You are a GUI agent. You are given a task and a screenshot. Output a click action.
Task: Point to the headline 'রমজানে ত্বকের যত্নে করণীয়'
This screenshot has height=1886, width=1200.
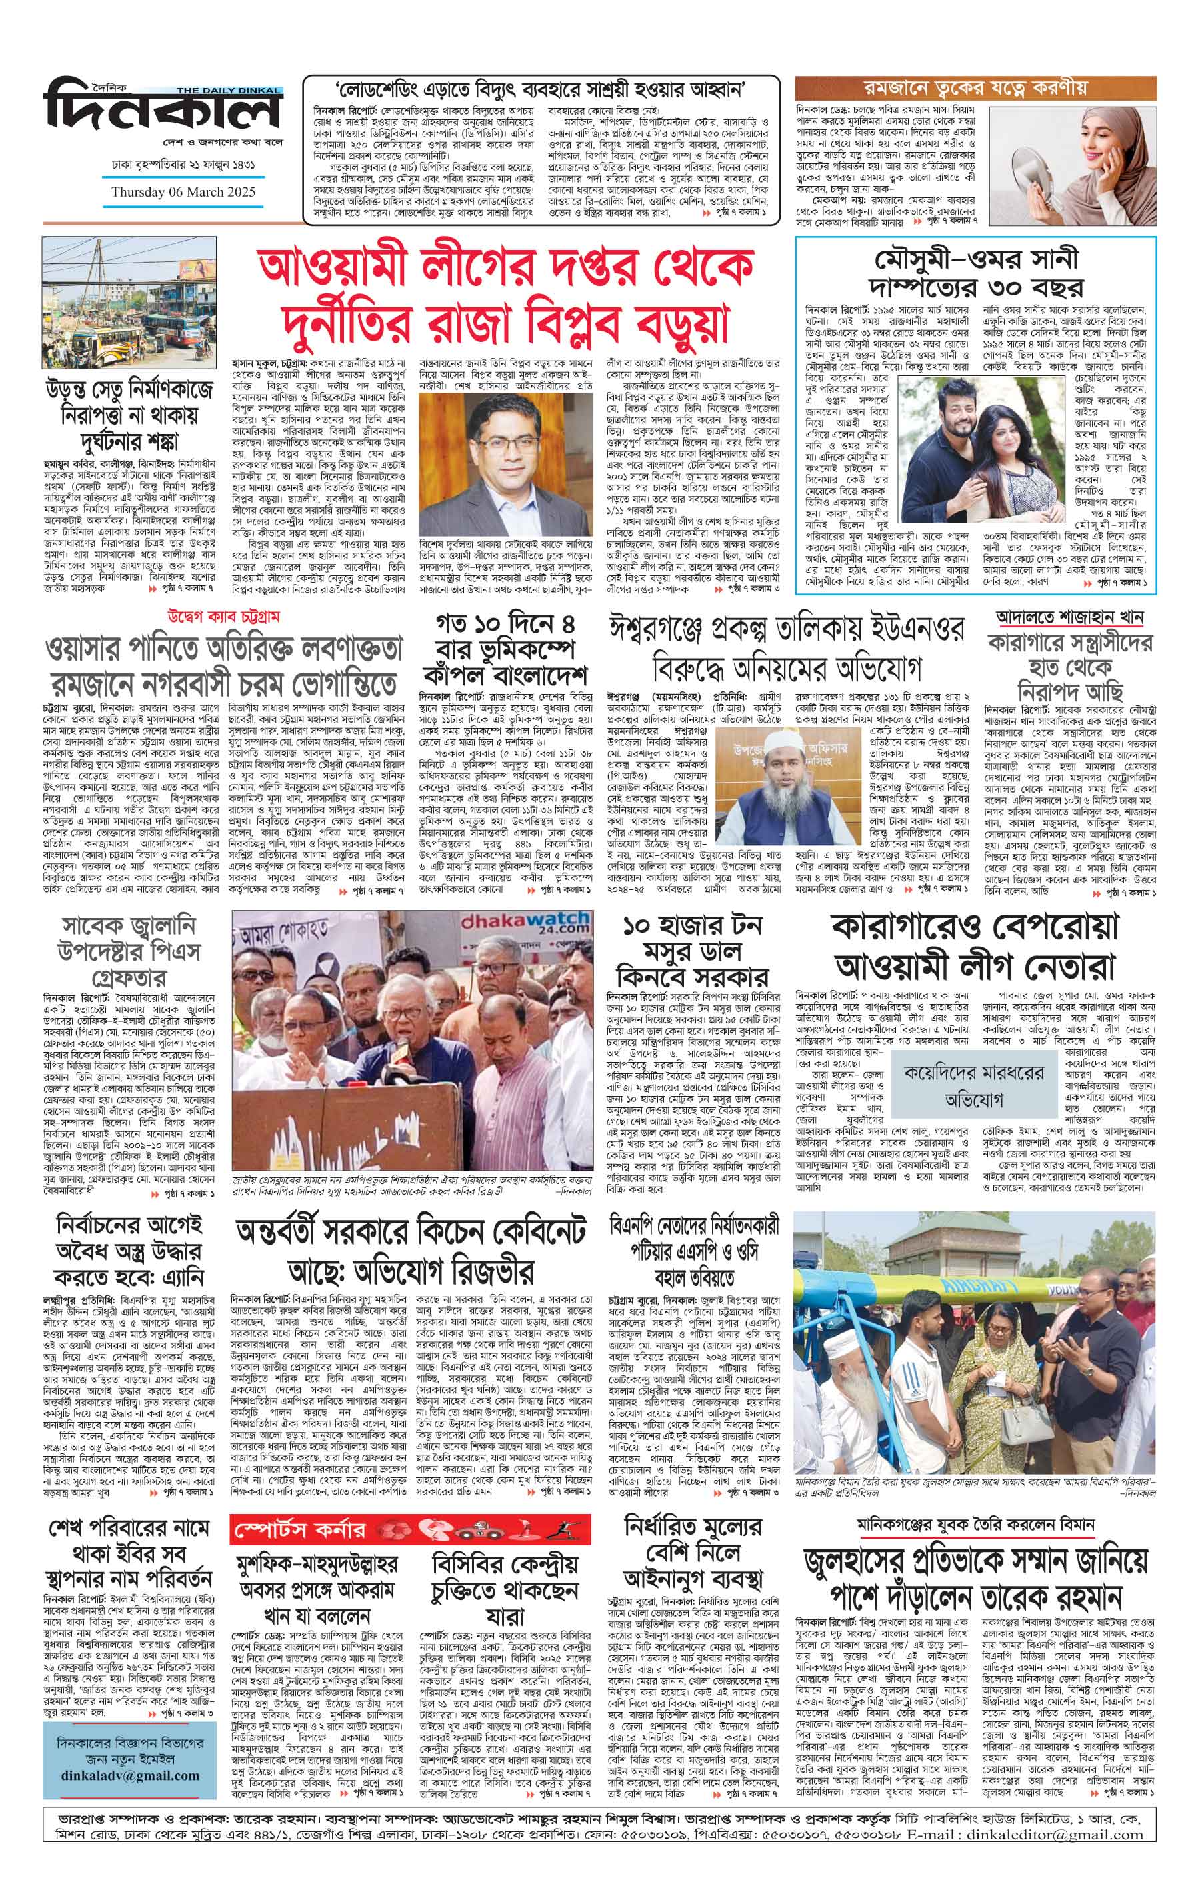point(975,86)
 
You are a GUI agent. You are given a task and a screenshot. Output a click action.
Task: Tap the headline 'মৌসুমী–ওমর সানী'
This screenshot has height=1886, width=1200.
point(976,259)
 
